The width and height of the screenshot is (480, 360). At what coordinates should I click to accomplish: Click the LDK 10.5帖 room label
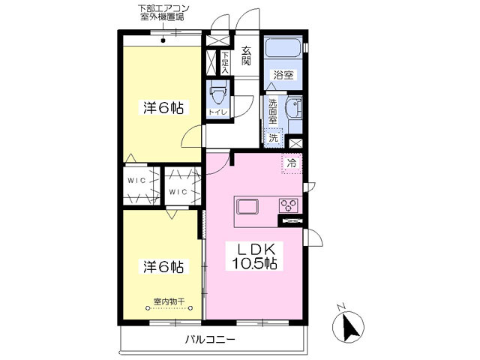[254, 256]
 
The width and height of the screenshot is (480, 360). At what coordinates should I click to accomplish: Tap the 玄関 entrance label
[246, 55]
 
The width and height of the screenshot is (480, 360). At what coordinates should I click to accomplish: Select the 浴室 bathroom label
[283, 75]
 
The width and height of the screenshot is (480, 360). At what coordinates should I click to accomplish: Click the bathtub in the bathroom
[283, 47]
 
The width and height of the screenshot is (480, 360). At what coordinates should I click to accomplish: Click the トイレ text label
[217, 112]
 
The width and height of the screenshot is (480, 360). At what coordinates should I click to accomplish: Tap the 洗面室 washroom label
[272, 111]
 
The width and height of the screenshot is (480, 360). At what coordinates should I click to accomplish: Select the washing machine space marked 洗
[273, 138]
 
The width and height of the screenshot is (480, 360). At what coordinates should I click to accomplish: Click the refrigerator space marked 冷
[292, 163]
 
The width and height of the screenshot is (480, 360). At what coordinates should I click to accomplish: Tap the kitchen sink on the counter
[247, 207]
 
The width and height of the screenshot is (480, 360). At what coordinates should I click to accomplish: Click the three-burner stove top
[288, 205]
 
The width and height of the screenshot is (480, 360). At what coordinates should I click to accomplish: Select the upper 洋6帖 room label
[163, 108]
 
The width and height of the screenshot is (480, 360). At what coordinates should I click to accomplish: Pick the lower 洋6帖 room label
[163, 266]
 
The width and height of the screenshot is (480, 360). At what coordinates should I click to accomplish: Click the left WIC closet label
[136, 181]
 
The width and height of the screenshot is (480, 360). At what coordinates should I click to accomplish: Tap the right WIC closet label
[178, 192]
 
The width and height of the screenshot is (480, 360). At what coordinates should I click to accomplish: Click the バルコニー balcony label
[210, 340]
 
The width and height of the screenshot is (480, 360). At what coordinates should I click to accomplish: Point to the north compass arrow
[350, 327]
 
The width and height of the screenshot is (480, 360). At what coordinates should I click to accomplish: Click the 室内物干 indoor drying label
[169, 301]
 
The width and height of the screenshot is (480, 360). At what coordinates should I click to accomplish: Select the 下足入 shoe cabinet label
[225, 63]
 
